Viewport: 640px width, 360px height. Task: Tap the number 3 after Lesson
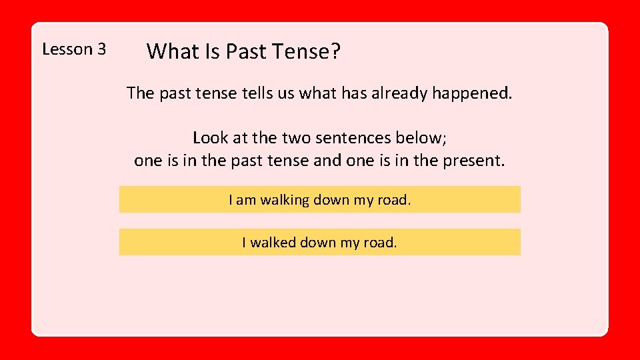pos(101,49)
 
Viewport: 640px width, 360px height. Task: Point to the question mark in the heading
pos(335,51)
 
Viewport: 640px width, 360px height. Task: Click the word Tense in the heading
pos(299,51)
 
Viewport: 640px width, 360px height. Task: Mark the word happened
pos(473,93)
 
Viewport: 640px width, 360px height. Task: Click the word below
pos(425,138)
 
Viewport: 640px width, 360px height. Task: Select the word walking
pos(285,200)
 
